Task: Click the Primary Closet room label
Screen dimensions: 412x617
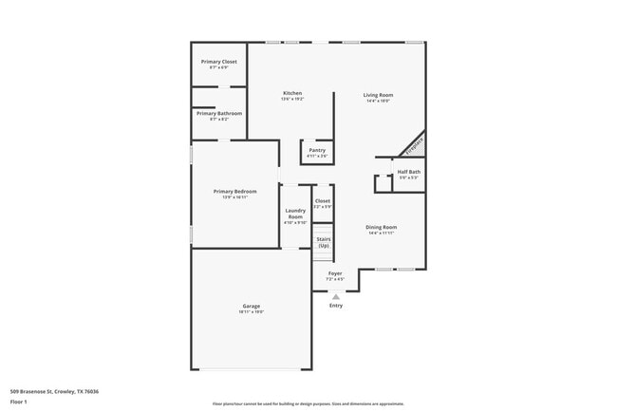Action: pyautogui.click(x=219, y=62)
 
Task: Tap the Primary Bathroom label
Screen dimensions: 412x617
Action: pyautogui.click(x=219, y=114)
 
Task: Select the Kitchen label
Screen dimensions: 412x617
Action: pyautogui.click(x=292, y=93)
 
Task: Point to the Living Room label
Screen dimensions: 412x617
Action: pyautogui.click(x=379, y=95)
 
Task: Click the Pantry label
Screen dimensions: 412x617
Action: pyautogui.click(x=317, y=150)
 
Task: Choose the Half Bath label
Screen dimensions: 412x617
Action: pyautogui.click(x=409, y=172)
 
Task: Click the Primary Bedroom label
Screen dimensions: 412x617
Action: pyautogui.click(x=234, y=192)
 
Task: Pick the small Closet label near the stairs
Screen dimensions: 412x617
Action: pyautogui.click(x=323, y=201)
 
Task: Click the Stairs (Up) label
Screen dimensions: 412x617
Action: pyautogui.click(x=324, y=242)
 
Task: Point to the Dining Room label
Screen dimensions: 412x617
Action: pyautogui.click(x=382, y=228)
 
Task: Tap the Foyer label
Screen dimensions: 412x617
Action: pyautogui.click(x=335, y=273)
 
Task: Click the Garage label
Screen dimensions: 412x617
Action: pyautogui.click(x=252, y=306)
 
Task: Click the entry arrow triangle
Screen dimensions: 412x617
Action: pyautogui.click(x=335, y=295)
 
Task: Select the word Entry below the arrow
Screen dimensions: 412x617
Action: pyautogui.click(x=336, y=306)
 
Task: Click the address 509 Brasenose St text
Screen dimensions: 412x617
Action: pyautogui.click(x=55, y=391)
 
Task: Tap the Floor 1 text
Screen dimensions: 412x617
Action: pyautogui.click(x=19, y=403)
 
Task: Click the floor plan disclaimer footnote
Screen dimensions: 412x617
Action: pyautogui.click(x=308, y=403)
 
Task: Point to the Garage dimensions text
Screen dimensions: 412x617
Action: pyautogui.click(x=252, y=311)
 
